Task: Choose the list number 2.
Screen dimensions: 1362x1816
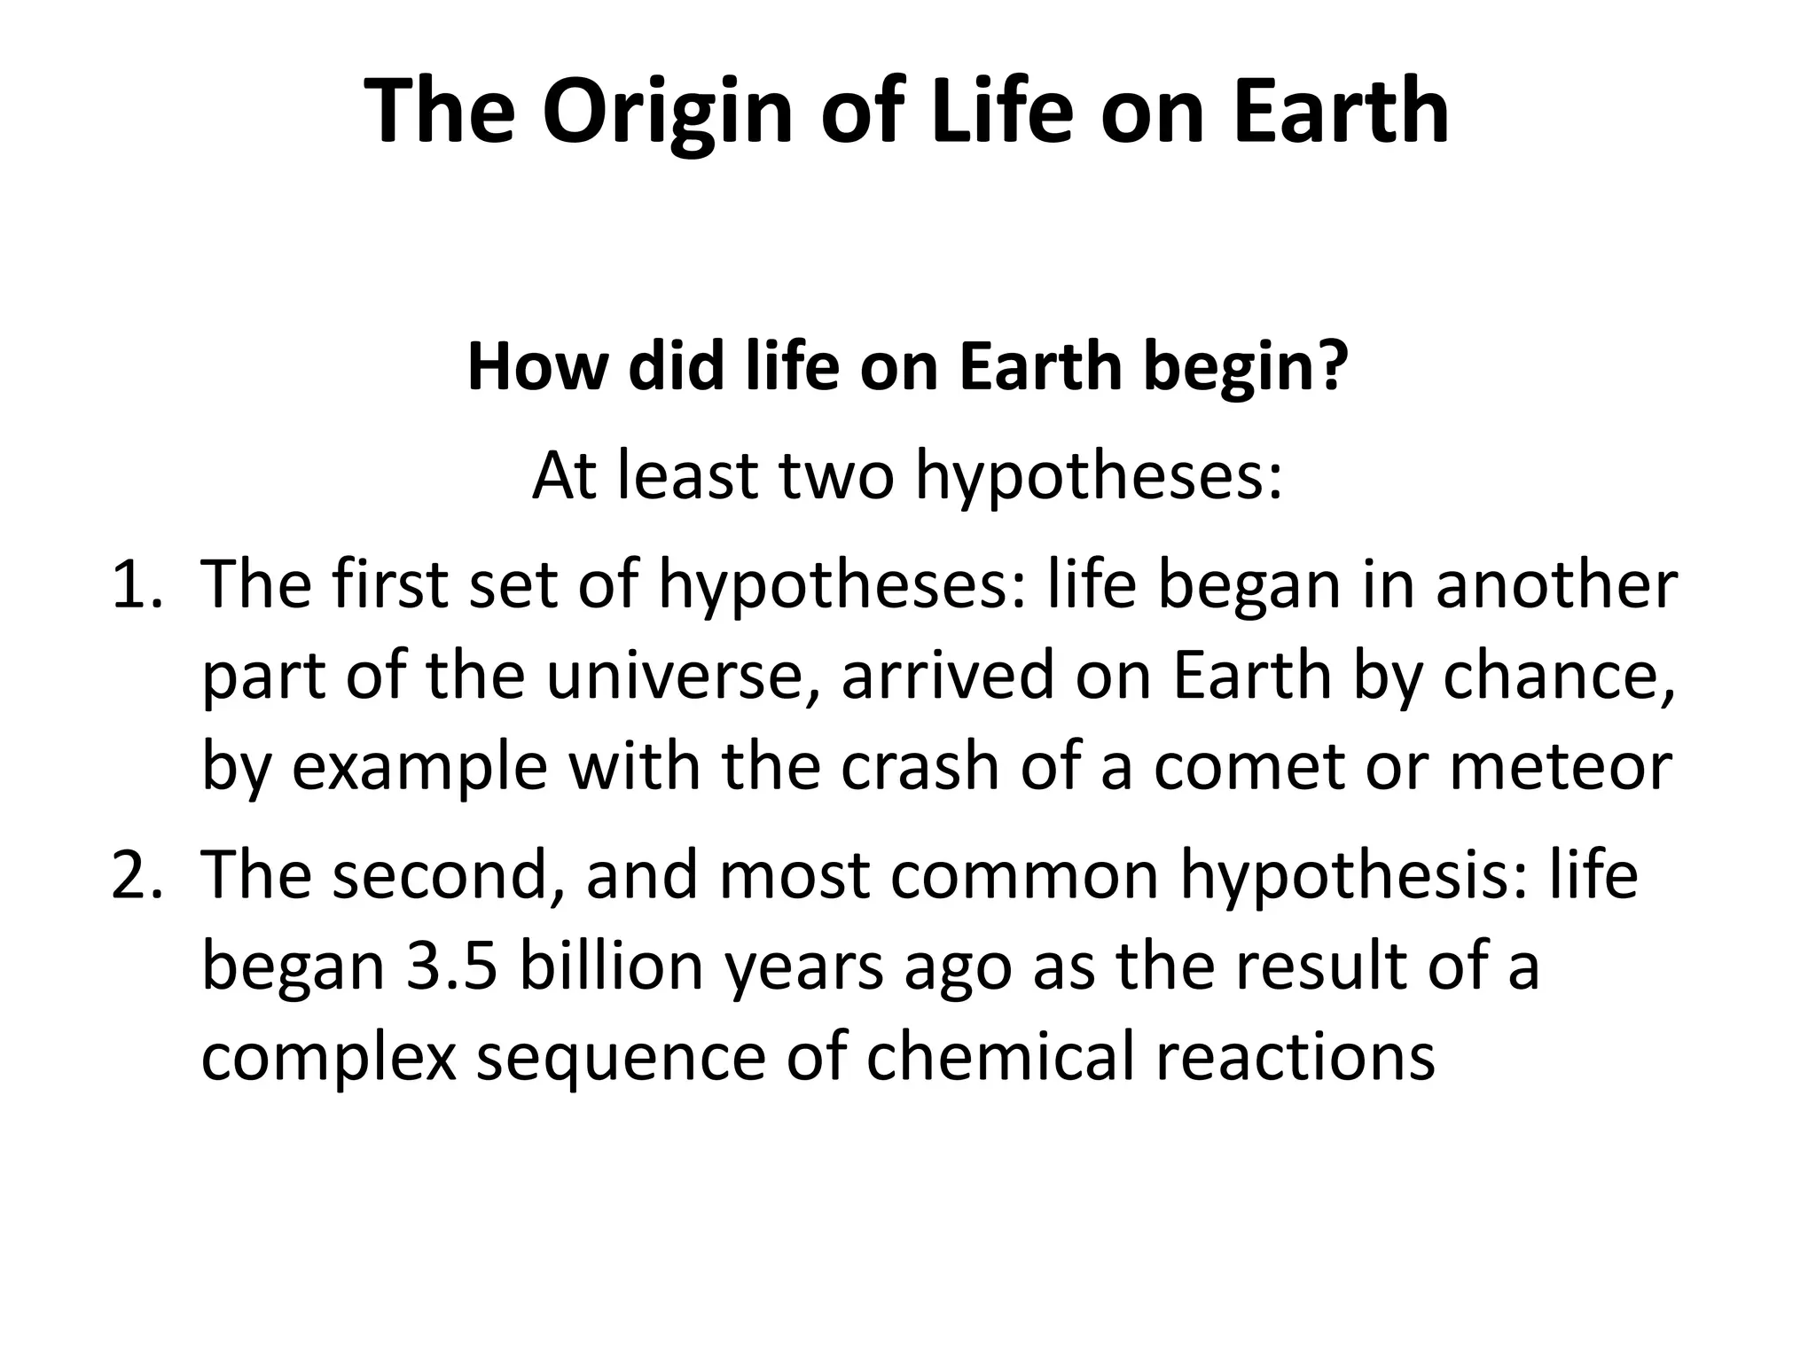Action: point(136,875)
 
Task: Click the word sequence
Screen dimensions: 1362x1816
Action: point(620,1061)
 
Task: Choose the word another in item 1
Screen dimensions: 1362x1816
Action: point(1556,585)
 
